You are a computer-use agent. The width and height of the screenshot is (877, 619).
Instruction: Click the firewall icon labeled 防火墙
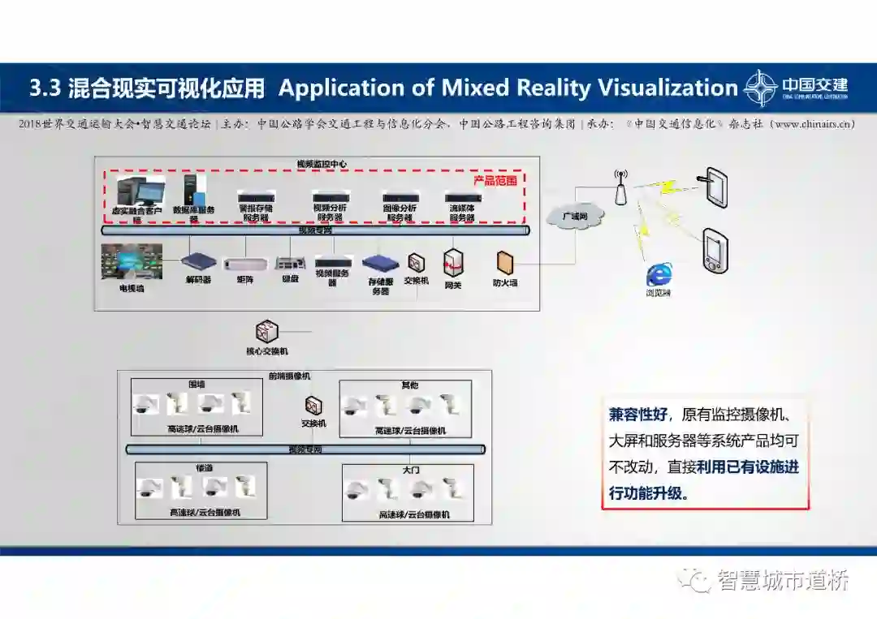[505, 262]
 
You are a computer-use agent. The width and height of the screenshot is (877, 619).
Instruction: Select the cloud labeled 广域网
[575, 217]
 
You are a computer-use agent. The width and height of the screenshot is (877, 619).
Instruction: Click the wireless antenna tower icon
[620, 187]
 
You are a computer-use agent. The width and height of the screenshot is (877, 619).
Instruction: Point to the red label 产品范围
[495, 180]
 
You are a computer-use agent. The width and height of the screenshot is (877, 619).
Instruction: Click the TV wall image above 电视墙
[132, 262]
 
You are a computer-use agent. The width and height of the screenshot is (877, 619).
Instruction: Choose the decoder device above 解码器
[198, 261]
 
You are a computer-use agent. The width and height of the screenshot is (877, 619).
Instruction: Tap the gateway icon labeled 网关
[452, 263]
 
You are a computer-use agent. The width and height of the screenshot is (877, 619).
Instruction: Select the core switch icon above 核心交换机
[266, 331]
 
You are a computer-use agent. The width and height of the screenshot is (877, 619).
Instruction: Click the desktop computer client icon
[136, 191]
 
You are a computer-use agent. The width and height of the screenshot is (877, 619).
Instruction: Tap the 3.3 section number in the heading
[45, 88]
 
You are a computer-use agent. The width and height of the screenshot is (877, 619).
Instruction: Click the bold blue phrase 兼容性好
[637, 415]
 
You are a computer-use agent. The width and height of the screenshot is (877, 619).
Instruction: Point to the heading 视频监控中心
[322, 164]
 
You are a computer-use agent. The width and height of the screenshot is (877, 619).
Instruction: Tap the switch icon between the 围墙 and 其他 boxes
[313, 406]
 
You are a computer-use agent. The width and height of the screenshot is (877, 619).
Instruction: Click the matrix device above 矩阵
[244, 263]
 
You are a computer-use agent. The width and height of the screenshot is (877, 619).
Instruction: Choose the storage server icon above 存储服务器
[380, 263]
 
